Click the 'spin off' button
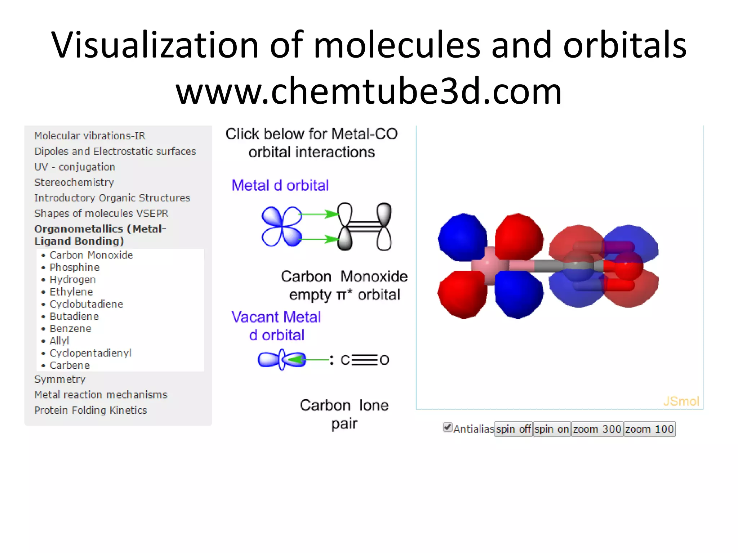click(x=514, y=429)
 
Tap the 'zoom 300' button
click(x=597, y=429)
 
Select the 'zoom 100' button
click(x=649, y=429)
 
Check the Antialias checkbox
click(x=448, y=427)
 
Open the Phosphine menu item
click(x=74, y=267)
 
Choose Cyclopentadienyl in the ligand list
click(x=90, y=353)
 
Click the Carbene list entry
click(x=70, y=365)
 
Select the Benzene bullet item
click(x=70, y=328)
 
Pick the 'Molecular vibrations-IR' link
click(x=90, y=136)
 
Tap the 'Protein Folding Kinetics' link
click(x=90, y=410)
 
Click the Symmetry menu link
click(x=60, y=379)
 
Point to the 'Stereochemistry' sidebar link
click(x=74, y=182)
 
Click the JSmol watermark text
click(x=681, y=401)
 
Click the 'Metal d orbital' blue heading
click(x=280, y=185)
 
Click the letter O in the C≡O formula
click(x=384, y=360)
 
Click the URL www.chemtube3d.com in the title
click(x=369, y=91)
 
